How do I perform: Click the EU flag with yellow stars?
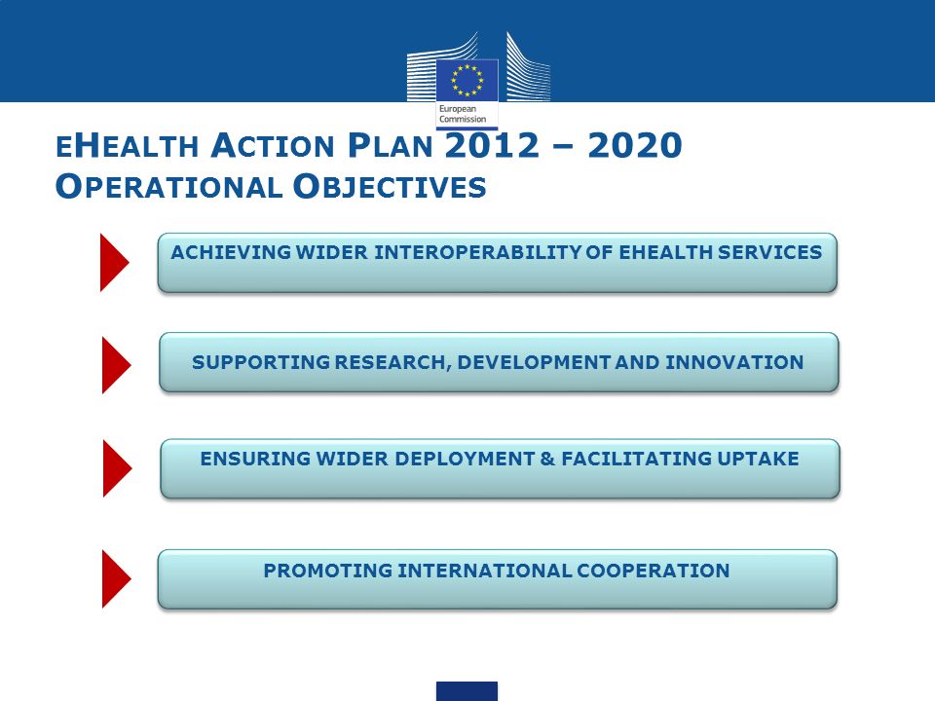pyautogui.click(x=467, y=80)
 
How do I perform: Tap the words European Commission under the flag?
pyautogui.click(x=462, y=114)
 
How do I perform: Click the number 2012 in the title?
pyautogui.click(x=493, y=145)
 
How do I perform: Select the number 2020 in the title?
pyautogui.click(x=635, y=145)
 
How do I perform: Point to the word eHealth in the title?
pyautogui.click(x=127, y=146)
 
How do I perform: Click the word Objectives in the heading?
pyautogui.click(x=390, y=186)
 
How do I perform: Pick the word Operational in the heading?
pyautogui.click(x=168, y=186)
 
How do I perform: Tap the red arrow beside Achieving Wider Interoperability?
pyautogui.click(x=114, y=262)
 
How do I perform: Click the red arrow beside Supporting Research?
pyautogui.click(x=116, y=365)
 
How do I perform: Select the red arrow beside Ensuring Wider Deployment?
pyautogui.click(x=117, y=468)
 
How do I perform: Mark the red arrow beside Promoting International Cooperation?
pyautogui.click(x=116, y=578)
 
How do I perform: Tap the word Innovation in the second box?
pyautogui.click(x=734, y=362)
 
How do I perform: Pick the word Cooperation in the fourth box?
pyautogui.click(x=653, y=571)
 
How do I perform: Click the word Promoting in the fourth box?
pyautogui.click(x=328, y=571)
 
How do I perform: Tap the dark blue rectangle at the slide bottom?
pyautogui.click(x=467, y=691)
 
